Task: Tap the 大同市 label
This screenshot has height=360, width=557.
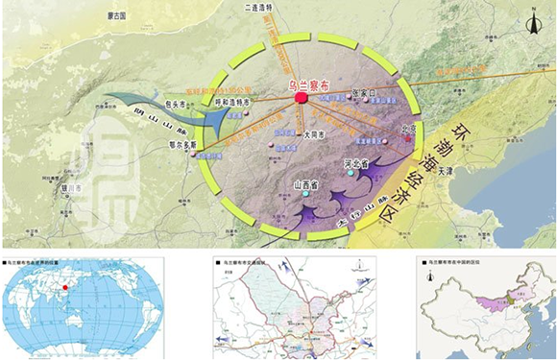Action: click(286, 135)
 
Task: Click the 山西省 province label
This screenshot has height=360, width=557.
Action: click(303, 184)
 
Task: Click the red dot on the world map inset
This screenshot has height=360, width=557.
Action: click(65, 285)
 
